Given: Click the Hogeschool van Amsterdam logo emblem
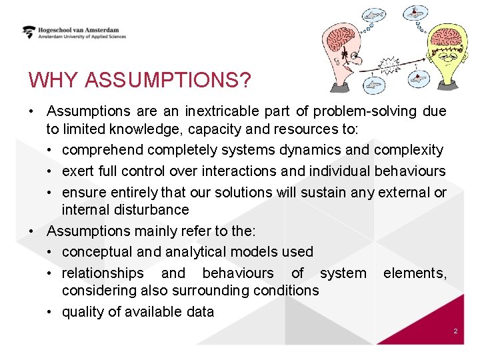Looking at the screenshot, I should (x=29, y=32).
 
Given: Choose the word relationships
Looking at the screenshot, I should (x=103, y=273).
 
